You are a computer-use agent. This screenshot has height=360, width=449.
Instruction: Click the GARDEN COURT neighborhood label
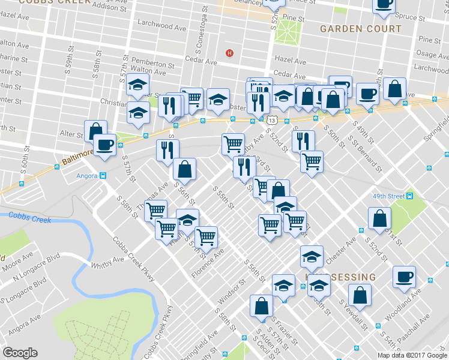[360, 29]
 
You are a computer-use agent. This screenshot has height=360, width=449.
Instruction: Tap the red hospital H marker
[229, 53]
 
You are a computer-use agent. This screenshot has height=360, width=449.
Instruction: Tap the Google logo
[20, 353]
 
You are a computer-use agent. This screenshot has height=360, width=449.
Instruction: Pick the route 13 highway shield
[273, 121]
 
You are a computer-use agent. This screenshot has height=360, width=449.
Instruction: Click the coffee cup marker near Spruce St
[383, 4]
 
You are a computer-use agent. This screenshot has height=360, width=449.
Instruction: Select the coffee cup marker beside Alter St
[104, 145]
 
